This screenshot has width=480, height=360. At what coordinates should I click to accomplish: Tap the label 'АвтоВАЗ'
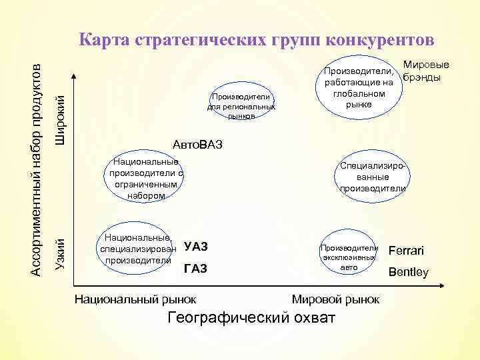tap(197, 145)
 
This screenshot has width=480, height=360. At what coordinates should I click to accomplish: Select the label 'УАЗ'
tap(196, 247)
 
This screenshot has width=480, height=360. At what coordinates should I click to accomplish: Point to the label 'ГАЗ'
tap(195, 269)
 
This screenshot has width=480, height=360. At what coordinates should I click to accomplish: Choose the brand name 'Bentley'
tap(409, 272)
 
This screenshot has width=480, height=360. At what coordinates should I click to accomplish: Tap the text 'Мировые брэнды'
tap(425, 72)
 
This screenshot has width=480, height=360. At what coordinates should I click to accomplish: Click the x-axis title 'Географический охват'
tap(251, 317)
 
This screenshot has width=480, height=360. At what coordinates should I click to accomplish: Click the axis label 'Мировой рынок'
tap(335, 299)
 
